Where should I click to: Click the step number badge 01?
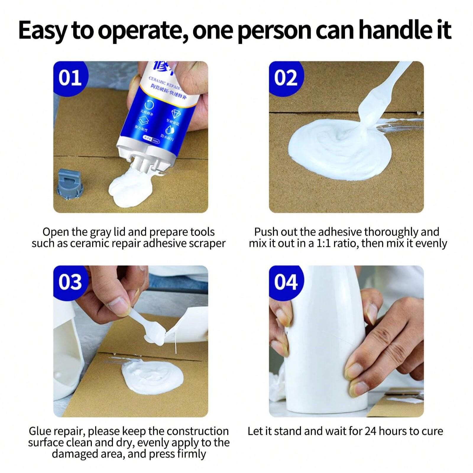pyautogui.click(x=70, y=78)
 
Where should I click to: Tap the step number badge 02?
pyautogui.click(x=286, y=78)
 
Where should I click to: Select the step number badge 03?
pyautogui.click(x=70, y=282)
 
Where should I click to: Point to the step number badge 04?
pyautogui.click(x=286, y=282)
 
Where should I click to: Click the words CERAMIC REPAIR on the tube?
pyautogui.click(x=164, y=82)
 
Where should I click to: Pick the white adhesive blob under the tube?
pyautogui.click(x=130, y=189)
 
